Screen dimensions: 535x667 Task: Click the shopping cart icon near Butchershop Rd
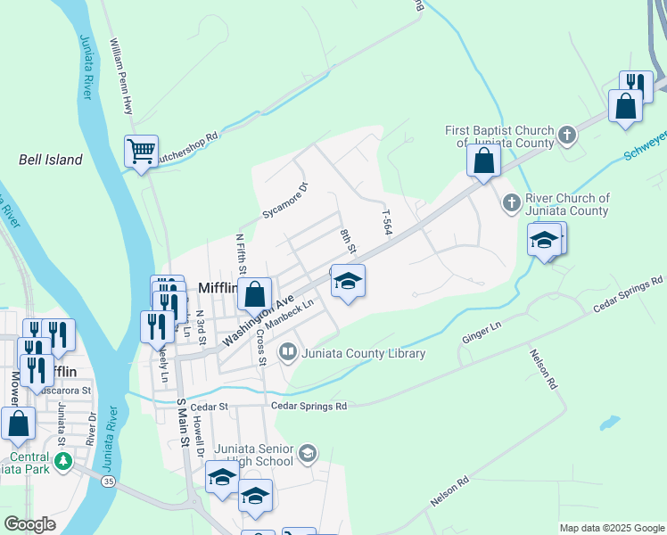pos(141,152)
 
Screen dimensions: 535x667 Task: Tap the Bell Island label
pos(51,160)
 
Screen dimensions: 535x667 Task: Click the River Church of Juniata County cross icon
pos(512,203)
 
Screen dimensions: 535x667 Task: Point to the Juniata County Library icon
pos(288,353)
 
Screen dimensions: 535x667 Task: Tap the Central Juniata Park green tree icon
pos(62,461)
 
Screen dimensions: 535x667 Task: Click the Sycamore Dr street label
pos(284,201)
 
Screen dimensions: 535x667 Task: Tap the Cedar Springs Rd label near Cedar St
pos(309,406)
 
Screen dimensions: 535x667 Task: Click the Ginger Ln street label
pos(481,333)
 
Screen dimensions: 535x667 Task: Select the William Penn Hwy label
pos(120,76)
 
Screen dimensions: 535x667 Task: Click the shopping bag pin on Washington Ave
pos(255,292)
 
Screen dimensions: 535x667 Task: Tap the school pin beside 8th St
pos(348,282)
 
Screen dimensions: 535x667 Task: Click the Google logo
pos(30,524)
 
